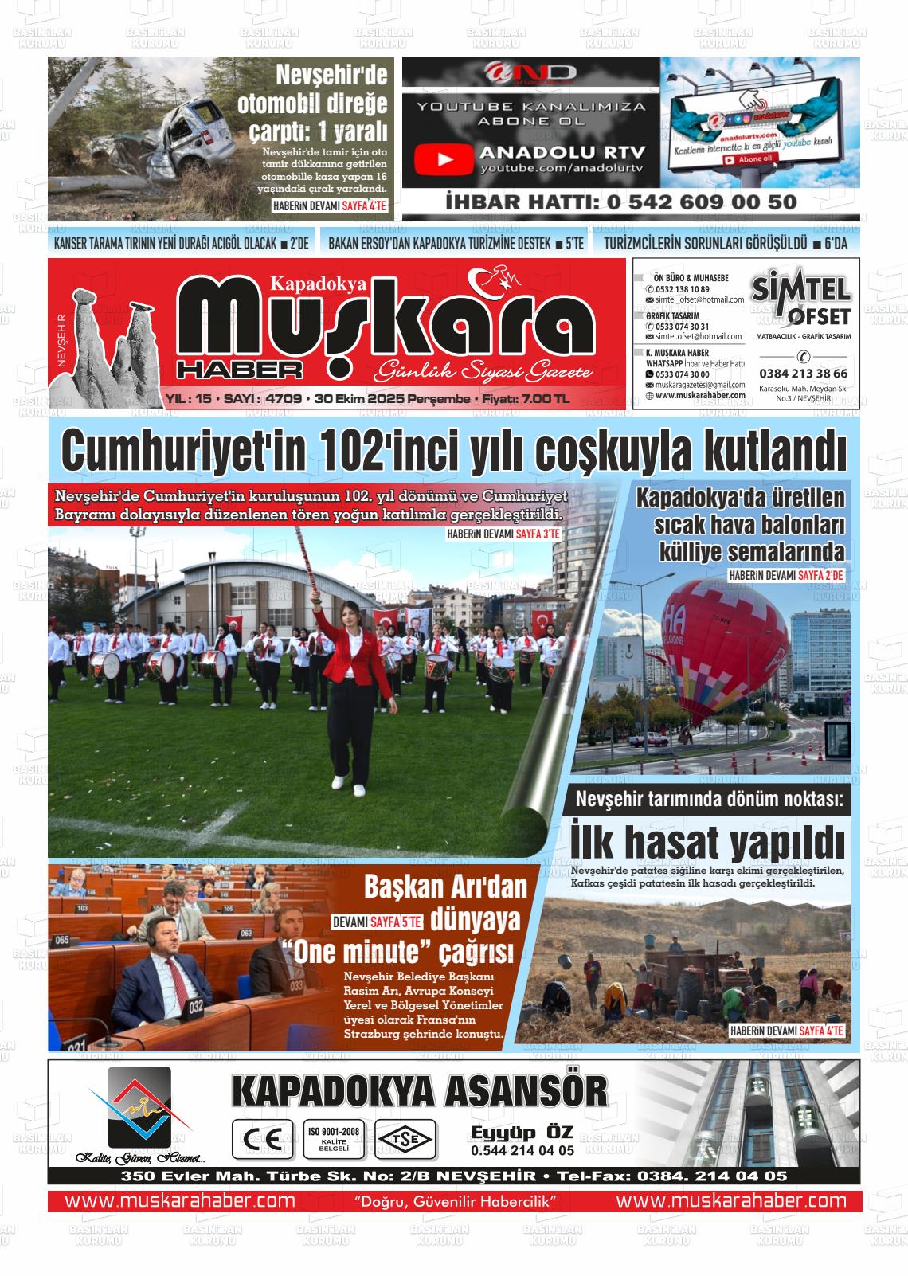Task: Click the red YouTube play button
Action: pyautogui.click(x=444, y=160)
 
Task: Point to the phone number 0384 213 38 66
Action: pyautogui.click(x=803, y=373)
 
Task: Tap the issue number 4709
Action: pyautogui.click(x=285, y=398)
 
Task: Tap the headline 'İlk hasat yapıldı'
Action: pyautogui.click(x=707, y=841)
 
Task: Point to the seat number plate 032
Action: pyautogui.click(x=196, y=1007)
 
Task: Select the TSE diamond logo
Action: pyautogui.click(x=406, y=1139)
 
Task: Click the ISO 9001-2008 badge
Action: pyautogui.click(x=333, y=1139)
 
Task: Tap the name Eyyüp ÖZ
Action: pyautogui.click(x=522, y=1133)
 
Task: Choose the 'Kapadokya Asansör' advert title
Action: pyautogui.click(x=419, y=1091)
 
